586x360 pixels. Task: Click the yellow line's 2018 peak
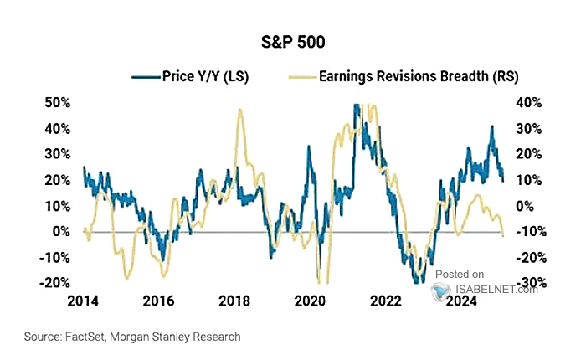coord(240,110)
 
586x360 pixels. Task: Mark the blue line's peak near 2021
coord(357,106)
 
